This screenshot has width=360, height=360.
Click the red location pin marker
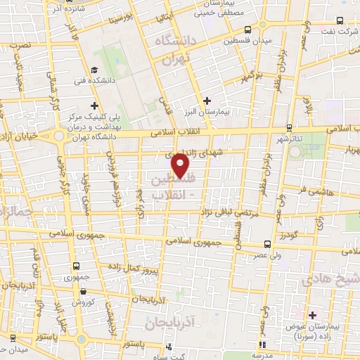(x=181, y=165)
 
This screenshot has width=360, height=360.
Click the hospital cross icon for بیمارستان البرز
(x=207, y=101)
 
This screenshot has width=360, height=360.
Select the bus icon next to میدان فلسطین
(x=247, y=30)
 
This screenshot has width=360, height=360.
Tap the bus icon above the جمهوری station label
(x=77, y=266)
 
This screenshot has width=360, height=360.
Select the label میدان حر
(x=13, y=349)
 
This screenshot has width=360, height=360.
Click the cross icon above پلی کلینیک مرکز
(x=94, y=105)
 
